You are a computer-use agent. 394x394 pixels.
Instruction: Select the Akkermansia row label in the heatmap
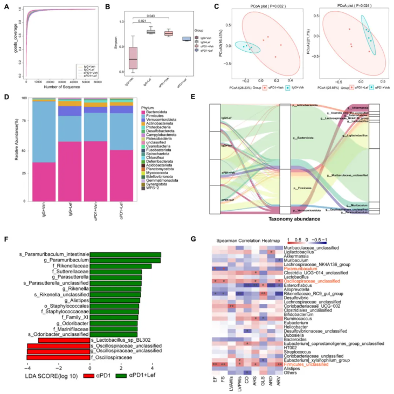click(297, 257)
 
